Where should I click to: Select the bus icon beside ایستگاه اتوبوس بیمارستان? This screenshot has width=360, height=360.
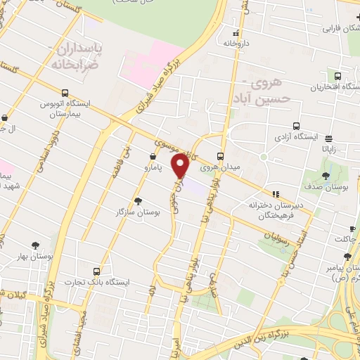(65, 93)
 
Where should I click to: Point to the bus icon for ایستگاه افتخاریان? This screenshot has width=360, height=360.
(338, 76)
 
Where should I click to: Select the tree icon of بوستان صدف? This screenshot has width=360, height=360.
(326, 175)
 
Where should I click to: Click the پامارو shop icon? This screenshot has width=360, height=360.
(153, 156)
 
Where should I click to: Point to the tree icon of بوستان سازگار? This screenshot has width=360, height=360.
(137, 200)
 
